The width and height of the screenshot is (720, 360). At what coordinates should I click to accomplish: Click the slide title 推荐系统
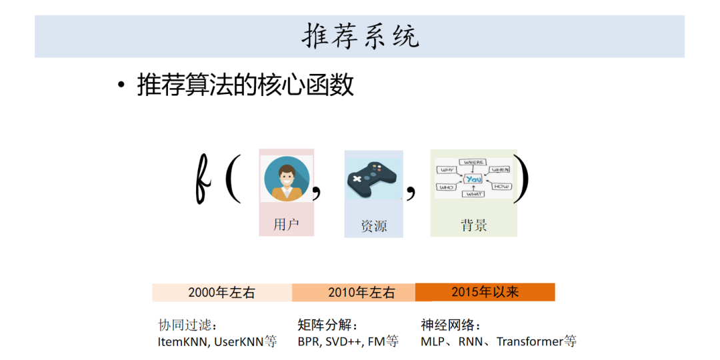[x=360, y=36]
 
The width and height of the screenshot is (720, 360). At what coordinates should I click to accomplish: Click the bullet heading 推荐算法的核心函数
[x=245, y=86]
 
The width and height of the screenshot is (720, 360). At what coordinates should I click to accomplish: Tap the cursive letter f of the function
[x=203, y=179]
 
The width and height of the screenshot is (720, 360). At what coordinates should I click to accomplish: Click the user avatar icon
[x=287, y=179]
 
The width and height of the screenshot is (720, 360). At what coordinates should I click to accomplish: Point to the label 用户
[x=286, y=225]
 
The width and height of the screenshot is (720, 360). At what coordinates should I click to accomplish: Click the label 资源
[x=373, y=226]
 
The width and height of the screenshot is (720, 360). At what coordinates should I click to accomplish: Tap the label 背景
[x=473, y=225]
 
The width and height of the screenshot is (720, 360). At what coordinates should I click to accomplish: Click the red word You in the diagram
[x=473, y=179]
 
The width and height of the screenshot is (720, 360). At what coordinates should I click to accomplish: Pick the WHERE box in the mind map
[x=474, y=162]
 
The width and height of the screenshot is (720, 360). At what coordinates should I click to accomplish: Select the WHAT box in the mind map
[x=474, y=194]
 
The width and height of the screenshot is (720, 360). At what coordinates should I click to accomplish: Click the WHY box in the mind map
[x=447, y=169]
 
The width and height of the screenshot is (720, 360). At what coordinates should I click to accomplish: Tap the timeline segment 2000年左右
[x=221, y=293]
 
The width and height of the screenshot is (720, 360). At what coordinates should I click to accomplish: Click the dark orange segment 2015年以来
[x=485, y=292]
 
